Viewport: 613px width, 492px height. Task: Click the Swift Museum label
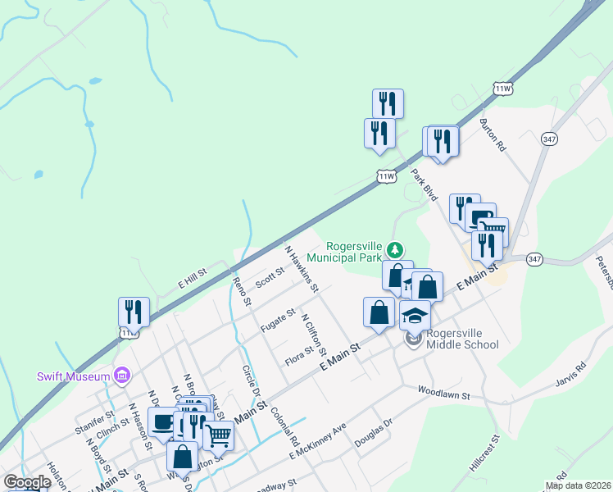(x=74, y=376)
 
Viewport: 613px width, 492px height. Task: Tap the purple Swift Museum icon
(x=122, y=376)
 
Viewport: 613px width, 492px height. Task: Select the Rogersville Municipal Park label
(x=356, y=252)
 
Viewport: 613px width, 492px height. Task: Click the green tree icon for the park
(x=395, y=248)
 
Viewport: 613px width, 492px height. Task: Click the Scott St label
(x=269, y=277)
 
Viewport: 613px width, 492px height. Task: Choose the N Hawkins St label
(x=301, y=267)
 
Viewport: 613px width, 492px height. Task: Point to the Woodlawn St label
(x=443, y=394)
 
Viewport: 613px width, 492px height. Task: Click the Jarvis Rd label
(x=570, y=375)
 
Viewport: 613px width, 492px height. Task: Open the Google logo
(x=27, y=482)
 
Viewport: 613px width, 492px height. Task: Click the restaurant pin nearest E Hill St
(x=134, y=312)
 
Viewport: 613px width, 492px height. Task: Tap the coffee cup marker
(x=162, y=421)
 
